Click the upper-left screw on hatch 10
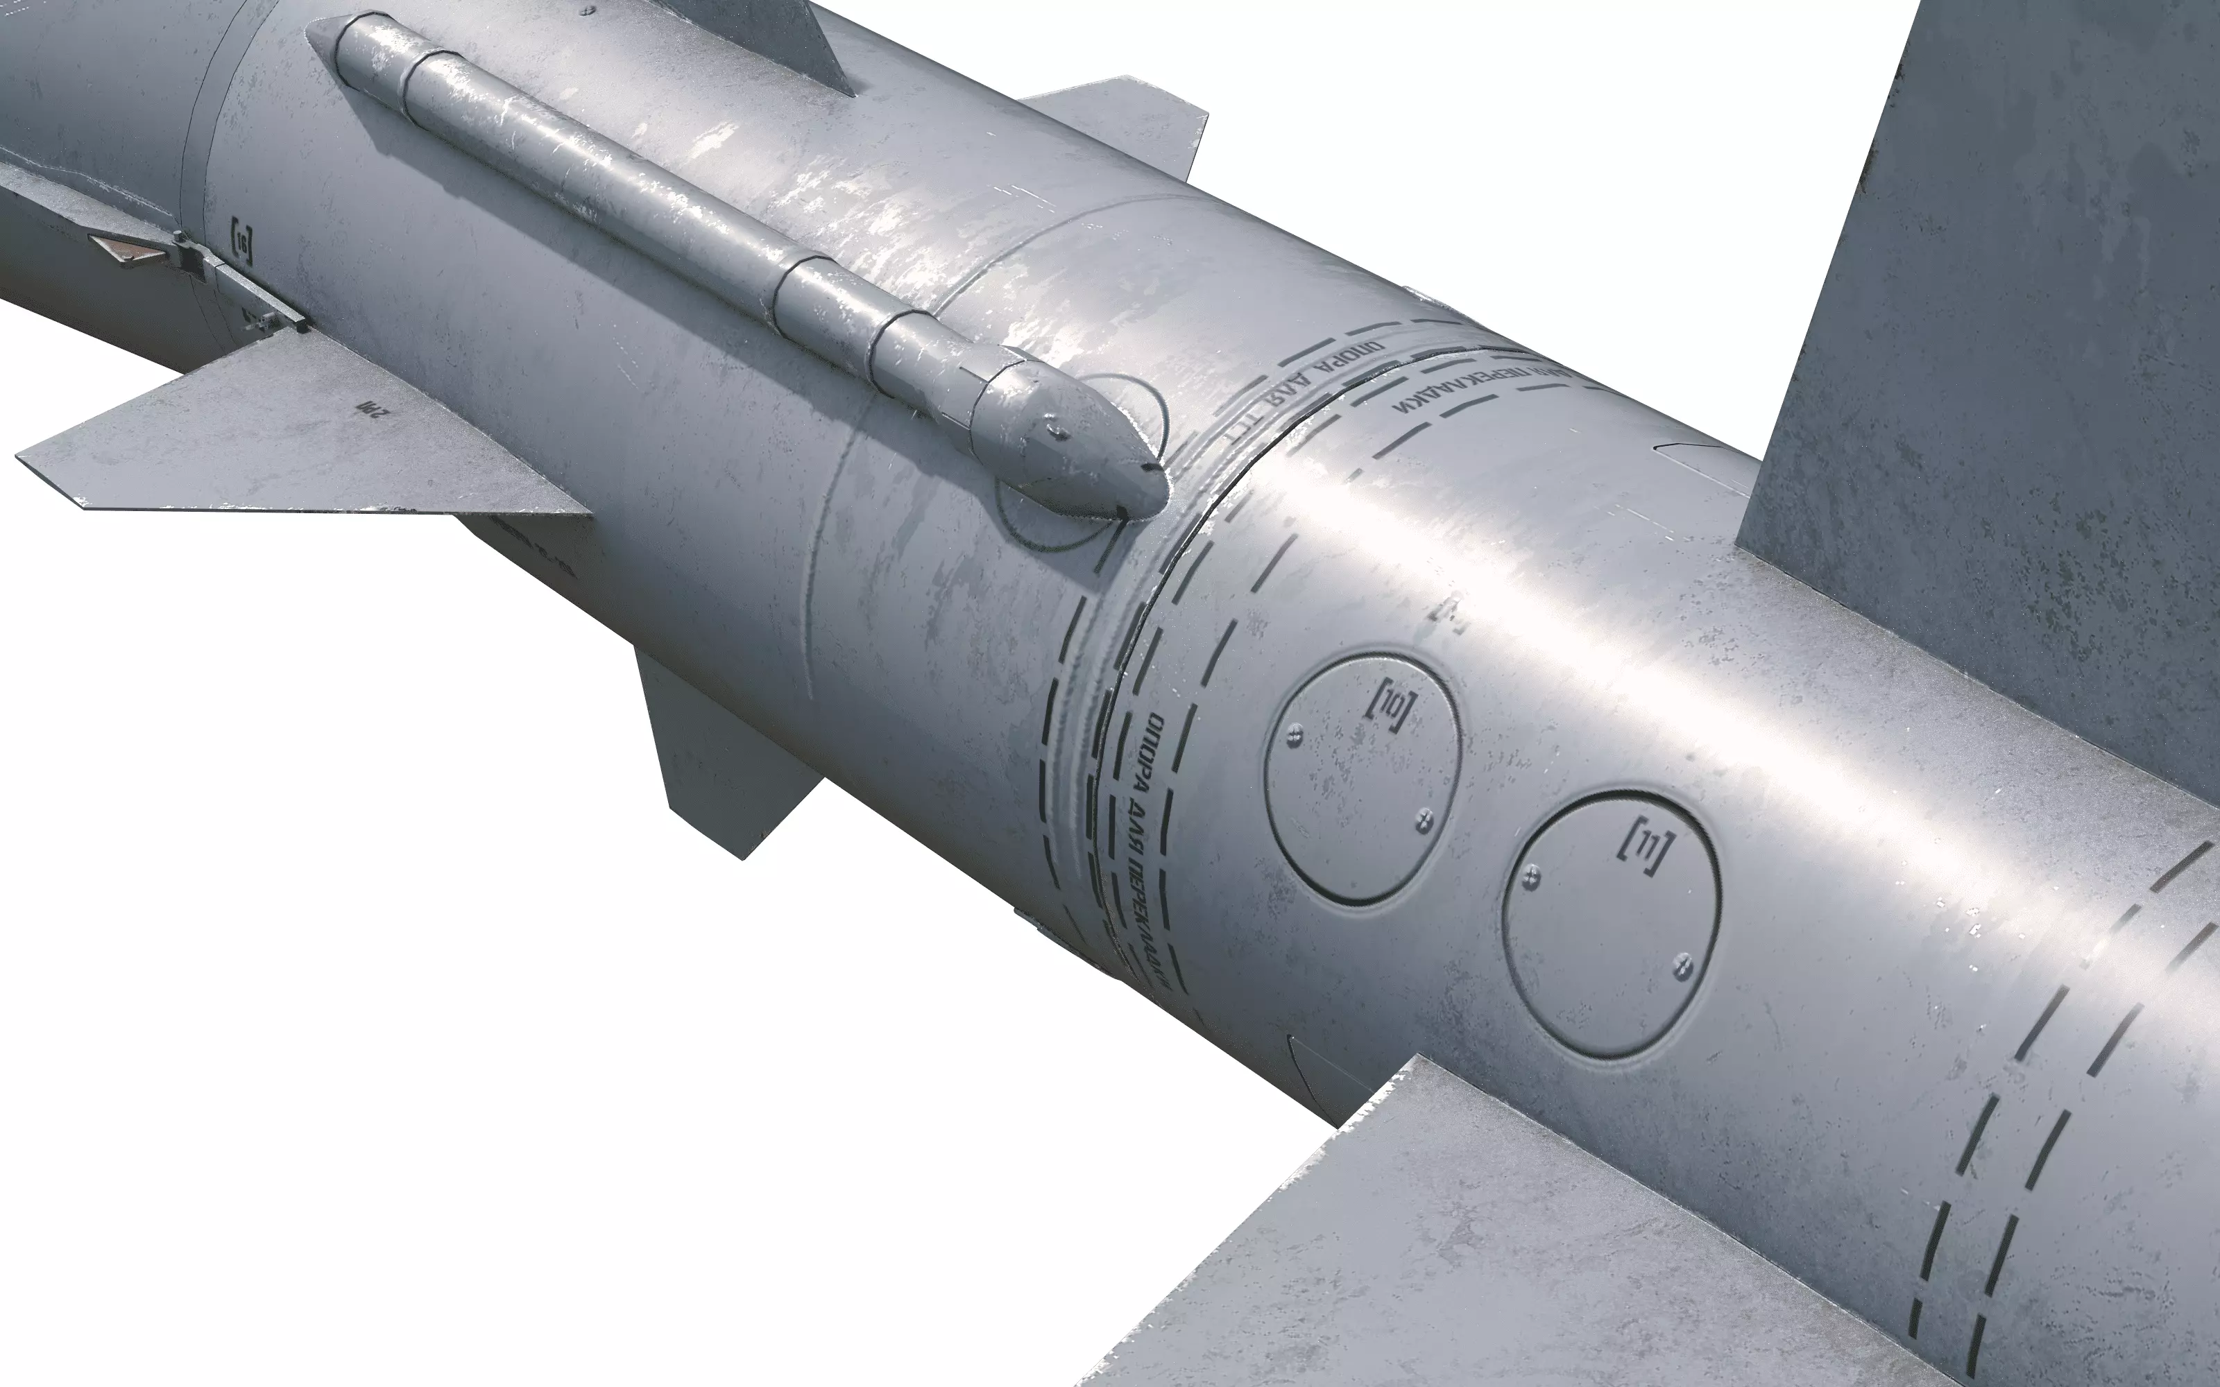tap(1295, 731)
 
